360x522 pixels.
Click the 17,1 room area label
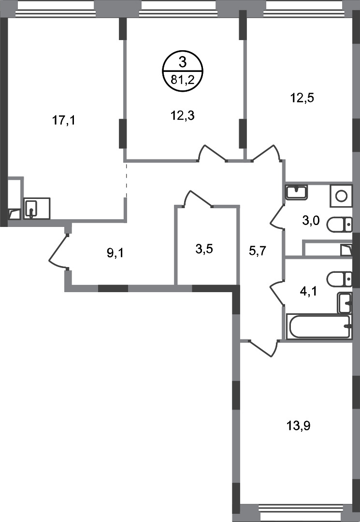coord(64,120)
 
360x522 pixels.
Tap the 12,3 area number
coord(182,116)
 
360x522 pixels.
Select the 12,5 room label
coord(302,98)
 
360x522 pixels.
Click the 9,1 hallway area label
coord(115,254)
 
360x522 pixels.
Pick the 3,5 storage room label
coord(204,249)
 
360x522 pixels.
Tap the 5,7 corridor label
coord(258,250)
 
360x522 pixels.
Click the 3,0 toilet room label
coord(311,220)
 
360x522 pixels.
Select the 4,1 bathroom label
coord(308,292)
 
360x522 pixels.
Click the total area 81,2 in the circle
coord(182,80)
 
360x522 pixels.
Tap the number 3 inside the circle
coord(182,62)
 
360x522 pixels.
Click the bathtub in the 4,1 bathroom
coord(319,326)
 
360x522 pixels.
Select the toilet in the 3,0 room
coord(339,225)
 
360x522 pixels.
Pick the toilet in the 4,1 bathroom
coord(339,279)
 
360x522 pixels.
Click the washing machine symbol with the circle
coord(341,196)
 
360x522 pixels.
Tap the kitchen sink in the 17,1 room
coord(37,209)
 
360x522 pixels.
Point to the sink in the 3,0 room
coord(296,192)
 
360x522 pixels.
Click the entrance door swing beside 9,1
coord(58,251)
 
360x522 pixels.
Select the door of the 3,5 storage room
coord(198,199)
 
